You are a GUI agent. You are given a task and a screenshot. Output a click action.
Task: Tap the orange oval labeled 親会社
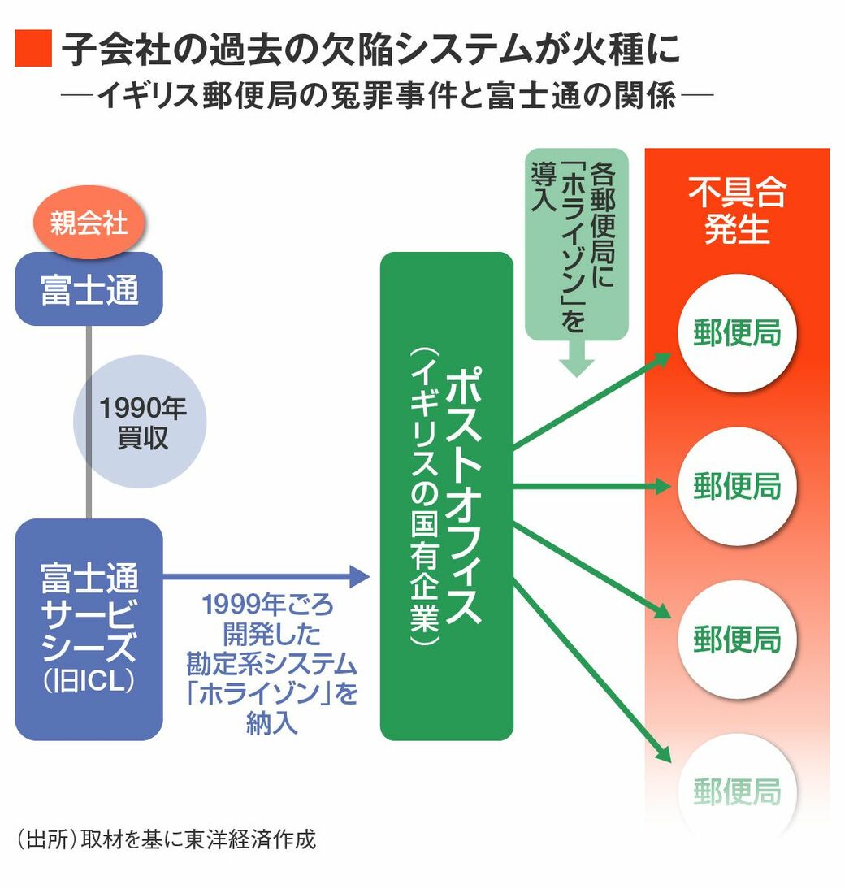(x=89, y=222)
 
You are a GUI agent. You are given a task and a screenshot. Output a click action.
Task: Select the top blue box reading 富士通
(x=89, y=289)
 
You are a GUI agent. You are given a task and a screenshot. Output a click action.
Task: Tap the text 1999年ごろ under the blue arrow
(x=267, y=606)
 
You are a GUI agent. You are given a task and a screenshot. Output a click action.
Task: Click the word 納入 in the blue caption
(x=269, y=724)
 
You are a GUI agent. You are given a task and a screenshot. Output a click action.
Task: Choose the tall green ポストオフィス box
(x=447, y=496)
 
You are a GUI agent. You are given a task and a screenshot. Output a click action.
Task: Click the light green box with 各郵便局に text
(x=576, y=244)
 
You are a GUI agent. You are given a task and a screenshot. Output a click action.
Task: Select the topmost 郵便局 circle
(x=737, y=333)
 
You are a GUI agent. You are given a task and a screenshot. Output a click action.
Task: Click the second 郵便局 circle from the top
(x=737, y=486)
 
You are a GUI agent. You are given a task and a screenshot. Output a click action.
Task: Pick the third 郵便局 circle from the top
(x=737, y=639)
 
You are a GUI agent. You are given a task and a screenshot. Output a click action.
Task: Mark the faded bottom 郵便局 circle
(x=737, y=790)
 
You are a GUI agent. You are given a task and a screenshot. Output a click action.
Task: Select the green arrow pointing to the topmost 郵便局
(x=593, y=400)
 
